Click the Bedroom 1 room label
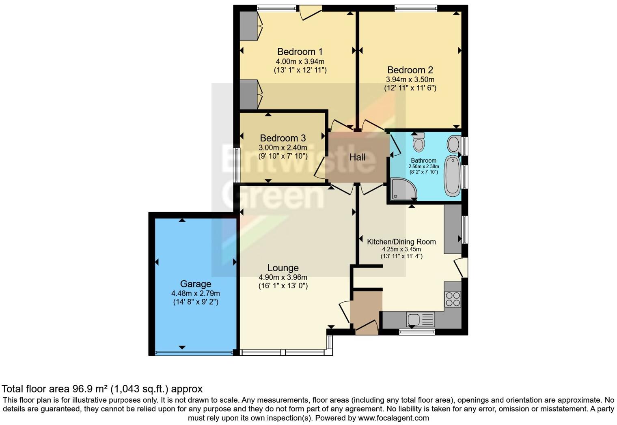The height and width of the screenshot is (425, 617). tap(300, 52)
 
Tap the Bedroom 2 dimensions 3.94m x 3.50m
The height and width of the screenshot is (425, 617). tap(410, 79)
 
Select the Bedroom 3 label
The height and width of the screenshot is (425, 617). tap(283, 138)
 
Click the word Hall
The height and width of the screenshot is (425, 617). tap(357, 157)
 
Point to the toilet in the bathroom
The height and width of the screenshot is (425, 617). tap(419, 142)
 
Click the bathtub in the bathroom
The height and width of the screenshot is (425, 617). tap(452, 176)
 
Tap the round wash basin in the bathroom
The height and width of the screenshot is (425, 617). tap(453, 144)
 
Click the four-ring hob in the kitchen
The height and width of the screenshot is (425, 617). tap(453, 299)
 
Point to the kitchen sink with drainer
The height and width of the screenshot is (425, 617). tap(421, 319)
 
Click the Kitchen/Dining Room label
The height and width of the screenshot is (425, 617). tap(401, 242)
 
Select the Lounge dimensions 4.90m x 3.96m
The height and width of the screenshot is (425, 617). tap(283, 277)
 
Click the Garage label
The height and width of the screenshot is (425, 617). tap(196, 284)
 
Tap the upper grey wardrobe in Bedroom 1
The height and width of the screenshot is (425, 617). tap(248, 26)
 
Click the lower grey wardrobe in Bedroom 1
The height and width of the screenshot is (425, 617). tap(248, 94)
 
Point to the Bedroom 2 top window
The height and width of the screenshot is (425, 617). tap(416, 8)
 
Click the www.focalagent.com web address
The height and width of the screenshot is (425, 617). tap(393, 418)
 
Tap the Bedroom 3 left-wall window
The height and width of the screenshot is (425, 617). tap(237, 165)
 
